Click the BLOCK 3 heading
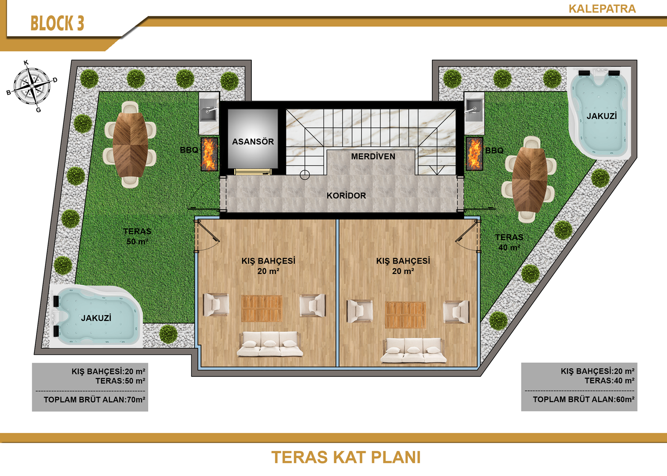(57, 23)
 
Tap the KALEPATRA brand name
(602, 9)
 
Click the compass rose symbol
(32, 86)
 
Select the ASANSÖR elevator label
(253, 141)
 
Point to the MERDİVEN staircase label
(373, 156)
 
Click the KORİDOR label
(346, 196)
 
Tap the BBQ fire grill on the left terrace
(209, 154)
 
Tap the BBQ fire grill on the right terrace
(475, 153)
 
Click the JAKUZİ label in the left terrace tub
(96, 318)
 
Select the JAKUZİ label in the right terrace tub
(602, 116)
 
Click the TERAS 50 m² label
(137, 237)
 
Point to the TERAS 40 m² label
(509, 242)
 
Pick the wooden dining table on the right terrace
(530, 179)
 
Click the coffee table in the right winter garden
(405, 315)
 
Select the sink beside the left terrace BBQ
(209, 110)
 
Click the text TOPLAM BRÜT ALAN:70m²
(94, 400)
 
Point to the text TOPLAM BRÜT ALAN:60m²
(584, 399)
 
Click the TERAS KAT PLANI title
(346, 457)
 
